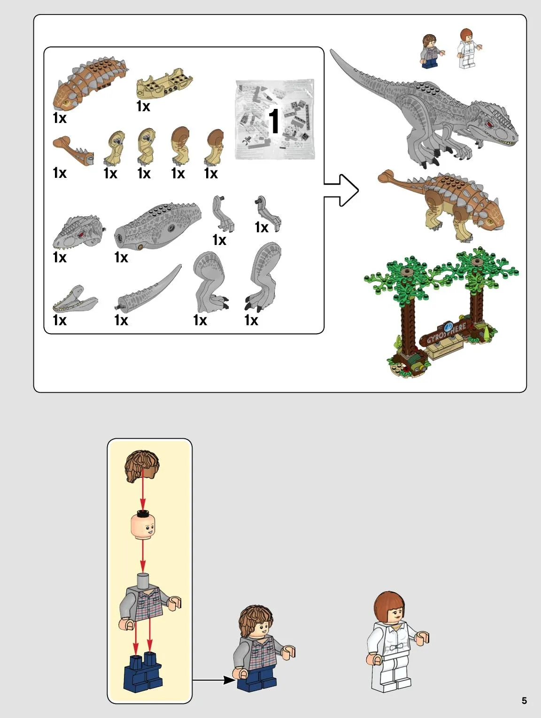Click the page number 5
(524, 700)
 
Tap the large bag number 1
(274, 121)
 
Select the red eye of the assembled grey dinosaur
(489, 124)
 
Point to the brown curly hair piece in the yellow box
(142, 466)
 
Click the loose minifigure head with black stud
(143, 525)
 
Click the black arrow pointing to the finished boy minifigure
(213, 680)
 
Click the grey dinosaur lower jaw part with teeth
(75, 298)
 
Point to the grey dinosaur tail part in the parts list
(147, 288)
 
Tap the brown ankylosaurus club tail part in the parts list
(73, 151)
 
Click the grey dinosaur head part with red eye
(78, 231)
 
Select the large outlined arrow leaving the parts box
(341, 190)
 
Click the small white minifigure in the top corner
(468, 48)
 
